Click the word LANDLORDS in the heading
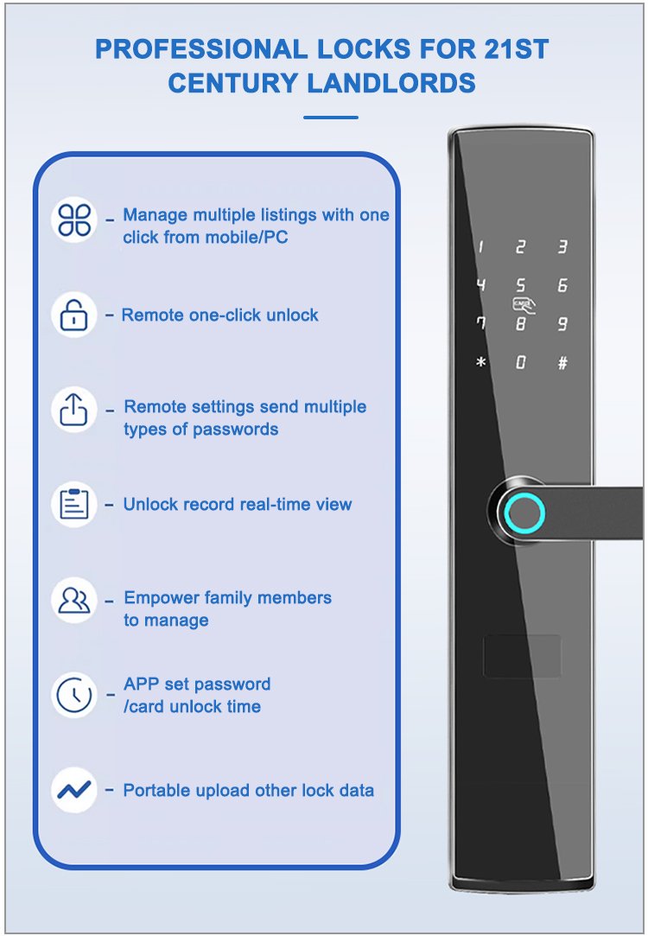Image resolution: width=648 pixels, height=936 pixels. coord(391,83)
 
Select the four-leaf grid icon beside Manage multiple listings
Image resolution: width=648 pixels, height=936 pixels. coord(74,219)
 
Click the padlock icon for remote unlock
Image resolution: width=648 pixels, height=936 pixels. coord(74,315)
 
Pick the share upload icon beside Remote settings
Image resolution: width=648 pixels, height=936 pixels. coord(74,410)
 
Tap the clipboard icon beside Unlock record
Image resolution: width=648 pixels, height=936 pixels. coord(74,505)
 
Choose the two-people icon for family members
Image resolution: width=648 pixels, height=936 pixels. coord(74,600)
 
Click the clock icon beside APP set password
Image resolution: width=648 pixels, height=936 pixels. coord(74,695)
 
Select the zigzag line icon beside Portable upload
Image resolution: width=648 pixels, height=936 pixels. coord(74,790)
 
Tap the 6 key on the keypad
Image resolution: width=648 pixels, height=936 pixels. coord(562,285)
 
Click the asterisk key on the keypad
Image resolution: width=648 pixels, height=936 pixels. coord(481,362)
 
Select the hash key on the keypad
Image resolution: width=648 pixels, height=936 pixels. coord(562,363)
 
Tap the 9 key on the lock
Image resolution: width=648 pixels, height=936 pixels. coord(562,323)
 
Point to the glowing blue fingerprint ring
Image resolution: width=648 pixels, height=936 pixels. coord(524,513)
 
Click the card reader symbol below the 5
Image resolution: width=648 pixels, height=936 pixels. coord(524,306)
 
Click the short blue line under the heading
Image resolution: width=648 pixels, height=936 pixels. coord(331,117)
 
